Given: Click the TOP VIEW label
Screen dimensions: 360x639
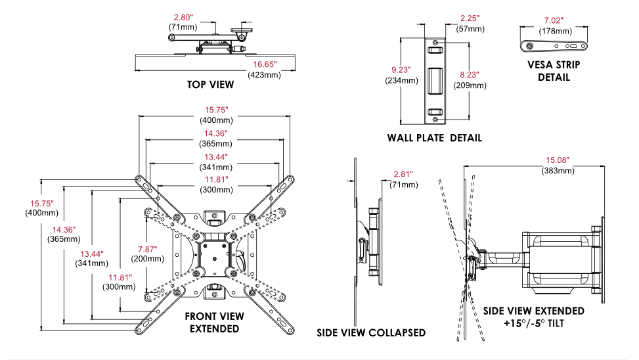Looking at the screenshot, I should coord(210,85).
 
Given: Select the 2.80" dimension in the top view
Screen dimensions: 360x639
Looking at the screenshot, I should coord(183,16).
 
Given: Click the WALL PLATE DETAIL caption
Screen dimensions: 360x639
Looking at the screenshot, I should coord(434,138).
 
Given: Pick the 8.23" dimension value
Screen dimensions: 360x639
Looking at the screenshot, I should coord(469,75).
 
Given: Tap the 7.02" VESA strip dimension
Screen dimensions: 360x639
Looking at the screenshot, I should coord(554,20).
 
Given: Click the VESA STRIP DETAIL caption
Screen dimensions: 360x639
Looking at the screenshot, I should coord(554,71).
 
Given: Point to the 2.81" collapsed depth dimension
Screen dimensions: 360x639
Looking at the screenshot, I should coord(403,174).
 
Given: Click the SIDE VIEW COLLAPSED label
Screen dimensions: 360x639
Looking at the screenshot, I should coord(371,332).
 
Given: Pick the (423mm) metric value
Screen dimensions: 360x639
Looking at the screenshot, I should coord(264,75).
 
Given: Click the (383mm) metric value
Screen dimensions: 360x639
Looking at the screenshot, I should coord(558,171).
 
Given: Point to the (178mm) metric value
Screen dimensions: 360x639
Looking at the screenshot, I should coord(554,31).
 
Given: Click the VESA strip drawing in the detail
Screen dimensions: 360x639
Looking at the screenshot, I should coord(554,46).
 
